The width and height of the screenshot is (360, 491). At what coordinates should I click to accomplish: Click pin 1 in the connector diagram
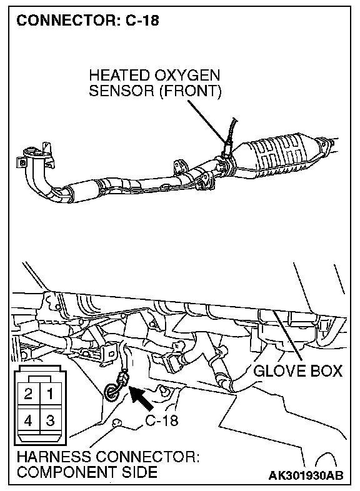[x=50, y=394]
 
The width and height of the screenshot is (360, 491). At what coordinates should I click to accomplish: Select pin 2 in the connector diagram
[x=29, y=394]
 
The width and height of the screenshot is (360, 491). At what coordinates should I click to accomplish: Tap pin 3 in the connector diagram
[x=50, y=420]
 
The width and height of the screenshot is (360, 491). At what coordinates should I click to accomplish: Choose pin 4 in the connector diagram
[x=29, y=420]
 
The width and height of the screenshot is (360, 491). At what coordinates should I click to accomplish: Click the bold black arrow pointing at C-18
[x=141, y=398]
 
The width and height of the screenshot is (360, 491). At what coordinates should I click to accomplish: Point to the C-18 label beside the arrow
[x=162, y=420]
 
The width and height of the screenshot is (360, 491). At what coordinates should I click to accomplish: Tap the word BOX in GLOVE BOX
[x=326, y=372]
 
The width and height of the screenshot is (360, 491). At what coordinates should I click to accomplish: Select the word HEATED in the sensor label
[x=119, y=76]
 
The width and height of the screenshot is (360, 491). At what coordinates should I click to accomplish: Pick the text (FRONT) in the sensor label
[x=191, y=91]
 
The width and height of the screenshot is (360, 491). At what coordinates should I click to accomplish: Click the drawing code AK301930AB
[x=306, y=475]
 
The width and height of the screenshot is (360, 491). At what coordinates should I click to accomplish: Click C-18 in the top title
[x=142, y=21]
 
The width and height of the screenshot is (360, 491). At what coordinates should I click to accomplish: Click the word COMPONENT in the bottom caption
[x=67, y=472]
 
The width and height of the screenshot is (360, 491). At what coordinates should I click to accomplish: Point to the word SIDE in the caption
[x=139, y=472]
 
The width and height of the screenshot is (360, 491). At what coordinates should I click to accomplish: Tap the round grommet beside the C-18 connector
[x=111, y=392]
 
